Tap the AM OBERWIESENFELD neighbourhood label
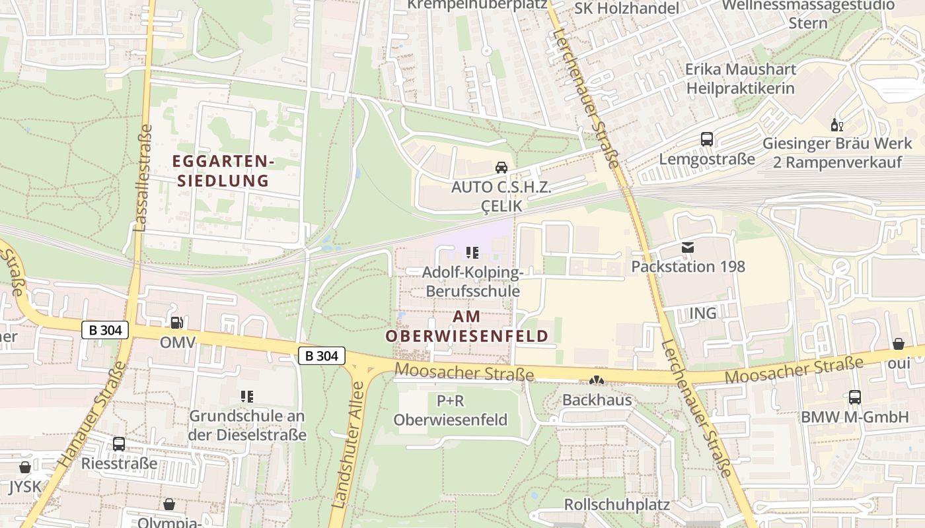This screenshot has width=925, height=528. coord(466,326)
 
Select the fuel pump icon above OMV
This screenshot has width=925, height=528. coord(177,323)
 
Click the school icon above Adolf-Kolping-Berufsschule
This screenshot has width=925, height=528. coord(472,252)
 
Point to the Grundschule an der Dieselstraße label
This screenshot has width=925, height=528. coord(247,425)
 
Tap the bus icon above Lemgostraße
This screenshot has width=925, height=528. coord(707,139)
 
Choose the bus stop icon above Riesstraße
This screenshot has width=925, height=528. coord(119,444)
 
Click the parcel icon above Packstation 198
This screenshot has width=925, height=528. coord(688,247)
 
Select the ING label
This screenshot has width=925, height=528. coord(702,313)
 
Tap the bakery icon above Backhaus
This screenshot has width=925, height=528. coord(597,381)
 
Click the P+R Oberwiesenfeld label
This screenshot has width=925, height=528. coord(451,410)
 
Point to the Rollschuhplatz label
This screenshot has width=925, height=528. coord(616,505)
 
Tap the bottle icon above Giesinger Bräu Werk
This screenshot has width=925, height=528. coord(836,125)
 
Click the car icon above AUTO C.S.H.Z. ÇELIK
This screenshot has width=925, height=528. coord(501,168)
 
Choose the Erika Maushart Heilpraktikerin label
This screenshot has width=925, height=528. coord(740,78)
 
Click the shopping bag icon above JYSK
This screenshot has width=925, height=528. coord(25,468)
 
